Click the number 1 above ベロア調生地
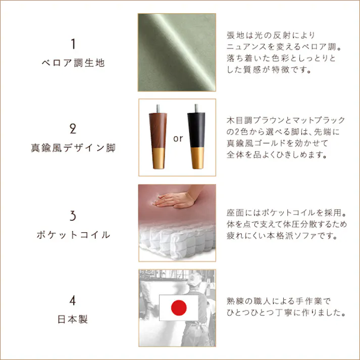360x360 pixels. coord(73,44)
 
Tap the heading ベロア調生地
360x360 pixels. coord(73,63)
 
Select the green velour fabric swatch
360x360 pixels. coord(177,52)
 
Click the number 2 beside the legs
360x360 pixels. coord(73,129)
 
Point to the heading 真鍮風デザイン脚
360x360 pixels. coord(73,148)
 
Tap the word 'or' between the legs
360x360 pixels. coord(178,137)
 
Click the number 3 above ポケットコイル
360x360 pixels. coord(73,216)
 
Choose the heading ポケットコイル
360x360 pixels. coord(73,235)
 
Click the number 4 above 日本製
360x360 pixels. coord(73,301)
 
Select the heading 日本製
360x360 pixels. coord(73,320)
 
